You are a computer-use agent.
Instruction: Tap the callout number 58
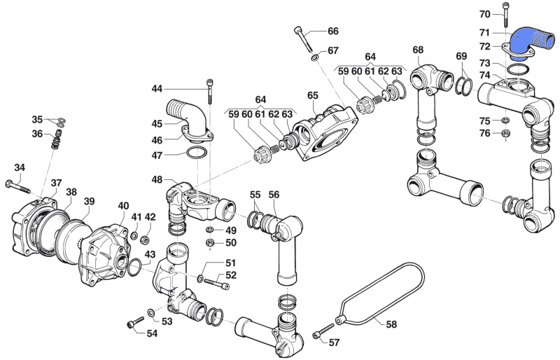click(391, 324)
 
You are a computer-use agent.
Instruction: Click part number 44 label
click(156, 89)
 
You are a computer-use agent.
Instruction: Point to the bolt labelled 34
click(17, 185)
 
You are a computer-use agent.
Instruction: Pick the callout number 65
click(312, 95)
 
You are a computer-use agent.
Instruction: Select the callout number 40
click(123, 206)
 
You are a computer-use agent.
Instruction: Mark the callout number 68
click(418, 50)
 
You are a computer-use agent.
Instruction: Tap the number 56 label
click(274, 194)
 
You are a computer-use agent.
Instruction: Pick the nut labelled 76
click(505, 134)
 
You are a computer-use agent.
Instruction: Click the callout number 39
click(88, 202)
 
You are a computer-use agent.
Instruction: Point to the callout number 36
click(38, 133)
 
